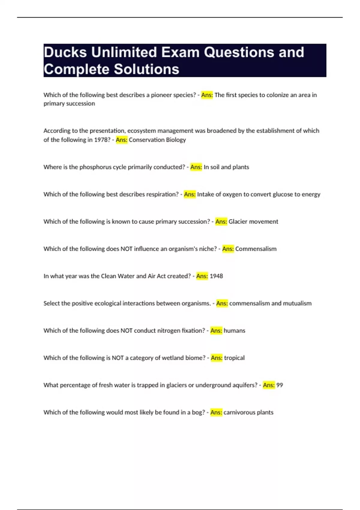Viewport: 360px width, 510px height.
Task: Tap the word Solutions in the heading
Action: pos(147,69)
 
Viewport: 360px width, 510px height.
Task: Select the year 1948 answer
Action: pos(216,276)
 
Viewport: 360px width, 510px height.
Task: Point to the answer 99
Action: pos(280,385)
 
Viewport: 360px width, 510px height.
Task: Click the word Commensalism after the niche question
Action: pos(256,249)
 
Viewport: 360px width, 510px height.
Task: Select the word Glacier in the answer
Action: pos(238,222)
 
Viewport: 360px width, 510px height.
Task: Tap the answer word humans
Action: pos(235,331)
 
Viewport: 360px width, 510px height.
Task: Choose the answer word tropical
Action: pos(234,358)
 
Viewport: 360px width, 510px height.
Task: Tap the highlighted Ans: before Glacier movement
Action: pos(221,222)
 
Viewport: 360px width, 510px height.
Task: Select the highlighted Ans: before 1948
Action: pos(202,276)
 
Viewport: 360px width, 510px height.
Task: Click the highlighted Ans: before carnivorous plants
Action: pos(216,412)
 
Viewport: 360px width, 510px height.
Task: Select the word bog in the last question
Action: pos(198,412)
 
